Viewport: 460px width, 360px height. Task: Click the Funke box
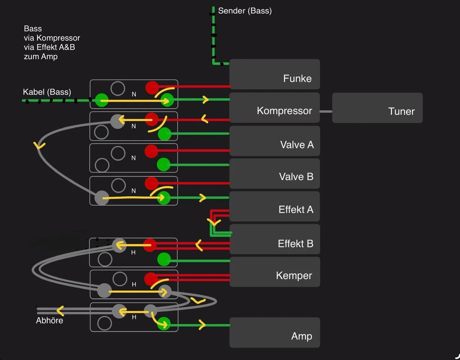coord(274,74)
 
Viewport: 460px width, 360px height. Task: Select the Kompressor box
coord(274,108)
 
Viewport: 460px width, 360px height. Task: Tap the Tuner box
coord(377,108)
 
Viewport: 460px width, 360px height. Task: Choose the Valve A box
coord(274,141)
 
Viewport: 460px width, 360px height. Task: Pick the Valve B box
coord(274,174)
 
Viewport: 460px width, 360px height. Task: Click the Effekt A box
coord(274,207)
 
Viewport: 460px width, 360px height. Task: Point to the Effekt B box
coord(274,240)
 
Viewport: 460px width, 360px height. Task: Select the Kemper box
coord(274,272)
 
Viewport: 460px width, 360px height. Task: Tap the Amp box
coord(274,333)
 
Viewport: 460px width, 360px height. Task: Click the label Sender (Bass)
coord(245,11)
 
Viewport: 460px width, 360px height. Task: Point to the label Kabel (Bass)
coord(47,92)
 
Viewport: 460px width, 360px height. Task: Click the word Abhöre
coord(49,321)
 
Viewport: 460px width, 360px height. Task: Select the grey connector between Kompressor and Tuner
coord(326,111)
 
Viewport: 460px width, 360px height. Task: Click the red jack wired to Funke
coord(152,87)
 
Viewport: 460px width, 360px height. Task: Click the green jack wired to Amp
coord(164,324)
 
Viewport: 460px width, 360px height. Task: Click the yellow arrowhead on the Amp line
coord(202,325)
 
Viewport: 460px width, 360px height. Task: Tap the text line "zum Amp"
coord(40,57)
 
